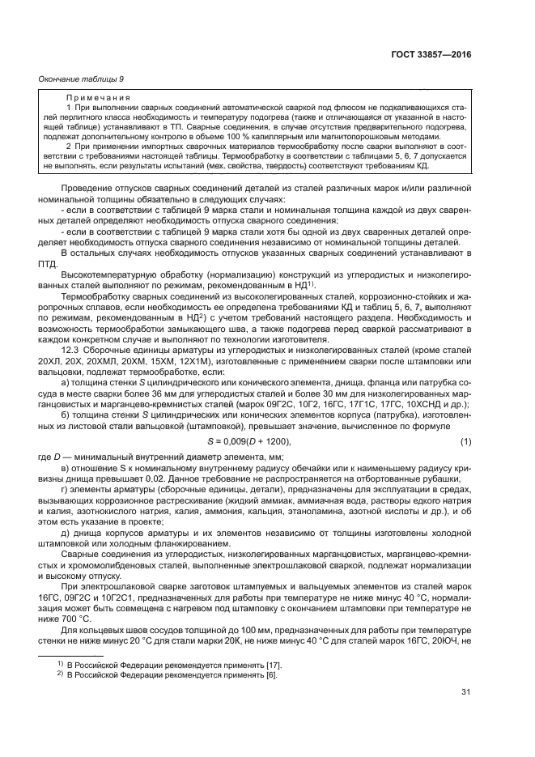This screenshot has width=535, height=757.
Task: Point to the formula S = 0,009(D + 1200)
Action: (x=244, y=440)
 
